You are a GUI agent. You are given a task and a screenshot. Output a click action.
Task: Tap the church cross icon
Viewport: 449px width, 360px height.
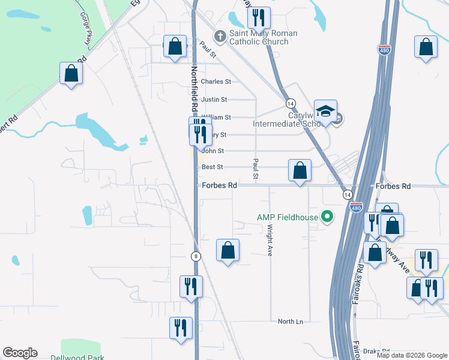click(220, 37)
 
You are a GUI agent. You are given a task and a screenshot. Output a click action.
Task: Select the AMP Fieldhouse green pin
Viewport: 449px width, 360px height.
click(327, 217)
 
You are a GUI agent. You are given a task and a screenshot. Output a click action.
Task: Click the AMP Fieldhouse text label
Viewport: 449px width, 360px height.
click(287, 217)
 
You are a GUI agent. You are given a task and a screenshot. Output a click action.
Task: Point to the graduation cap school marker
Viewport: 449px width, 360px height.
click(325, 112)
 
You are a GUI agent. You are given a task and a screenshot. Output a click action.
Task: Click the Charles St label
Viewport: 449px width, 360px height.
click(216, 82)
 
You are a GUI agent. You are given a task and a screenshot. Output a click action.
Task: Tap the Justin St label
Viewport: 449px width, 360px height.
click(214, 100)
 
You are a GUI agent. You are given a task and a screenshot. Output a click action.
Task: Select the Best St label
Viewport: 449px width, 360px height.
click(212, 167)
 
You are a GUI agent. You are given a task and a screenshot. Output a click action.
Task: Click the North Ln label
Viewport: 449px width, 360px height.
click(291, 322)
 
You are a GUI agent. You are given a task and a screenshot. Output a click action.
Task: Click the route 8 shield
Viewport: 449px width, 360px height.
click(196, 256)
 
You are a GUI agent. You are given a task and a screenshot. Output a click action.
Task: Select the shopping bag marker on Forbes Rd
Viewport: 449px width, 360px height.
click(300, 170)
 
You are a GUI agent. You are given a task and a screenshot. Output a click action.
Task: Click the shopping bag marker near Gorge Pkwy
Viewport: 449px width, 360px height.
click(71, 74)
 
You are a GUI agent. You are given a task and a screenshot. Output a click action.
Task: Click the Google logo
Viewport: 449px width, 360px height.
click(20, 353)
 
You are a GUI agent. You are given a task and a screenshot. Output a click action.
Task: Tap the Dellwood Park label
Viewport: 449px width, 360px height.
click(82, 358)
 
